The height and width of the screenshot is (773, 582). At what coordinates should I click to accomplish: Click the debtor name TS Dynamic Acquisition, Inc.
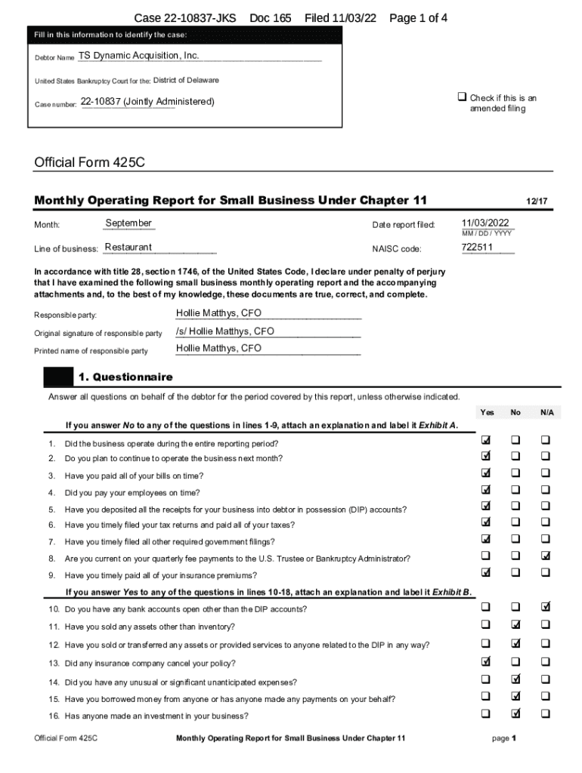pyautogui.click(x=138, y=56)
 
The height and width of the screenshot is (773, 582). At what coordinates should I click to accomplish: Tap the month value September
pyautogui.click(x=128, y=223)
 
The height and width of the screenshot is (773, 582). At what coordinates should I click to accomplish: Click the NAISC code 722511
pyautogui.click(x=477, y=248)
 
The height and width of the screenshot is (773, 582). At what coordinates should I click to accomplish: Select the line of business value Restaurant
pyautogui.click(x=128, y=248)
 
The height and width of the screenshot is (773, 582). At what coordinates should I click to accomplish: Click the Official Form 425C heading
pyautogui.click(x=89, y=162)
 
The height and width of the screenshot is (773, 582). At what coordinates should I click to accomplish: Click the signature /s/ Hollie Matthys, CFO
pyautogui.click(x=224, y=331)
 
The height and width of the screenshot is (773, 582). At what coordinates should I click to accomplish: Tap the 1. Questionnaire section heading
pyautogui.click(x=125, y=377)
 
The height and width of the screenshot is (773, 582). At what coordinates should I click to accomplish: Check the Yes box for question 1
pyautogui.click(x=486, y=440)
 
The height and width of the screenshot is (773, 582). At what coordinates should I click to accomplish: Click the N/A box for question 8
pyautogui.click(x=545, y=556)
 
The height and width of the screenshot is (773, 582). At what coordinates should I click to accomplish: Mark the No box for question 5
pyautogui.click(x=515, y=507)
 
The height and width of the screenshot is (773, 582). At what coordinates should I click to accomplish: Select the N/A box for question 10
pyautogui.click(x=545, y=606)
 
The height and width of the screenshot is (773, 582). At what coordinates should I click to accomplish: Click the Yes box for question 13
pyautogui.click(x=486, y=662)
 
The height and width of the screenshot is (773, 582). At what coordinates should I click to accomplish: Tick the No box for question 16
pyautogui.click(x=515, y=713)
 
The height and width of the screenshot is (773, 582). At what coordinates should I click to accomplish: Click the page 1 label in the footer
pyautogui.click(x=503, y=738)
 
